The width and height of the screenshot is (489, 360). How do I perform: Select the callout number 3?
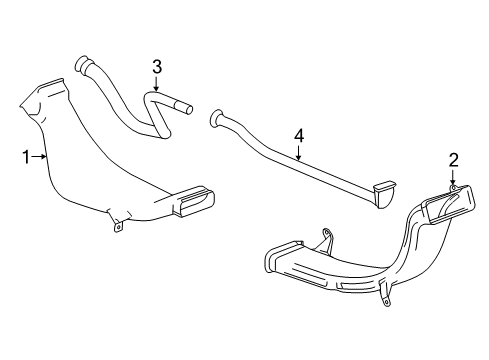(157, 67)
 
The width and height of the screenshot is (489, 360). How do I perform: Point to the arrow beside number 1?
(38, 155)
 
